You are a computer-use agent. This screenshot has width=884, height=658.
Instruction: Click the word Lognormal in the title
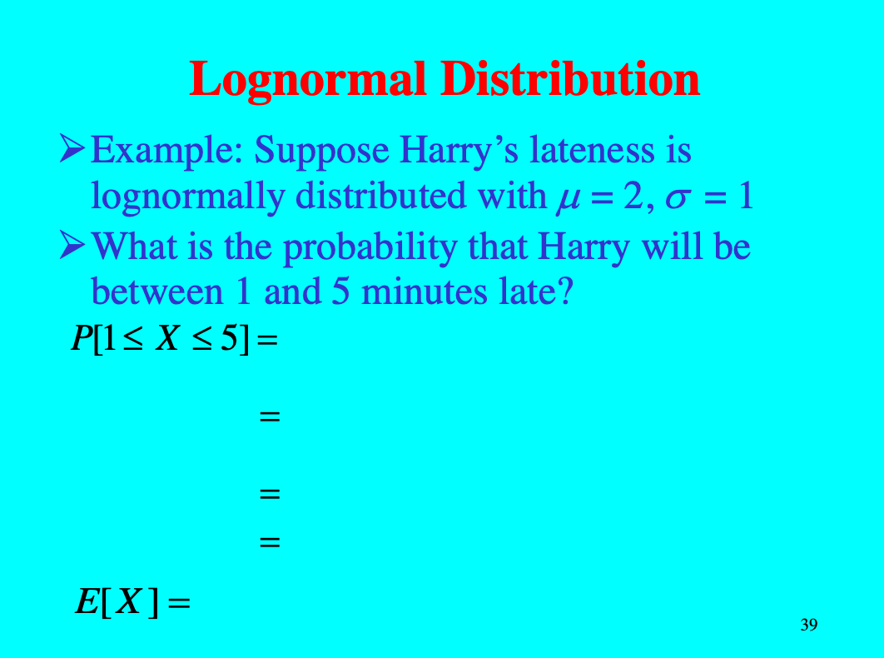[x=308, y=80]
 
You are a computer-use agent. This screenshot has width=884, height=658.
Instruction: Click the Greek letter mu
[x=561, y=198]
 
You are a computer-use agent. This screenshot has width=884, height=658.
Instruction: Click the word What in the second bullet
[x=133, y=246]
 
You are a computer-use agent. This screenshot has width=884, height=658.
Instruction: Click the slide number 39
[x=808, y=625]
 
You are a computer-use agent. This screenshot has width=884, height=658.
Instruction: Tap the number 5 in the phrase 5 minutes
[x=340, y=292]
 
